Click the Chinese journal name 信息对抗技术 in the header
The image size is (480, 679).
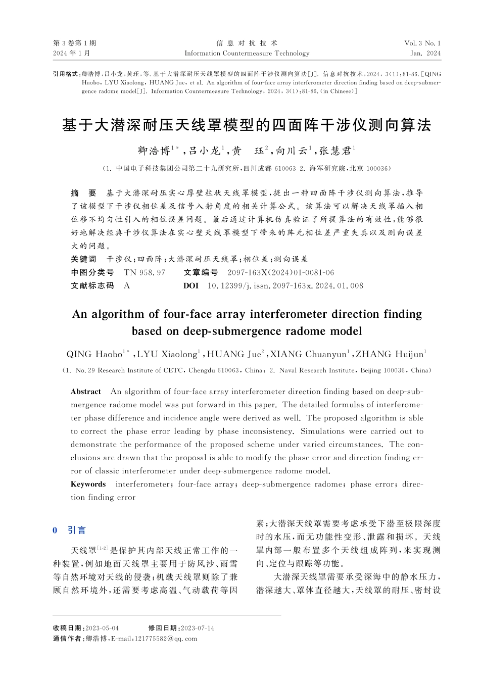pyautogui.click(x=247, y=43)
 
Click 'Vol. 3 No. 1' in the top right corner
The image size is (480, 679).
pyautogui.click(x=422, y=43)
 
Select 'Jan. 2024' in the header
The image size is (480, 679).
pyautogui.click(x=425, y=53)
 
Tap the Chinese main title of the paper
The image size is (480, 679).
pyautogui.click(x=247, y=125)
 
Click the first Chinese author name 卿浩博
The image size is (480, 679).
pyautogui.click(x=154, y=151)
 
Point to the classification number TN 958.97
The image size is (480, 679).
pyautogui.click(x=145, y=272)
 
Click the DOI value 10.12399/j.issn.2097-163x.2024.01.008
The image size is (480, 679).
pyautogui.click(x=285, y=285)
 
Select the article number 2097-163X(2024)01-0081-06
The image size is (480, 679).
pyautogui.click(x=280, y=272)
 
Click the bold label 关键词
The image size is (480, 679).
pyautogui.click(x=83, y=259)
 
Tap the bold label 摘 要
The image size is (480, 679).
pyautogui.click(x=83, y=193)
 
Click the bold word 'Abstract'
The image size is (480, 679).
pyautogui.click(x=86, y=392)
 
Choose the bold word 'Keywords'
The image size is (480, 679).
pyautogui.click(x=88, y=484)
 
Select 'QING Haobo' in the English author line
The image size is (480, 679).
pyautogui.click(x=94, y=354)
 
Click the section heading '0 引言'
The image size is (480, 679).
pyautogui.click(x=70, y=530)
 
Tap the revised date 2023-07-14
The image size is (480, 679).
pyautogui.click(x=197, y=628)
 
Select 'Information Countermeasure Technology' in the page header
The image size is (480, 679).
pyautogui.click(x=247, y=53)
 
